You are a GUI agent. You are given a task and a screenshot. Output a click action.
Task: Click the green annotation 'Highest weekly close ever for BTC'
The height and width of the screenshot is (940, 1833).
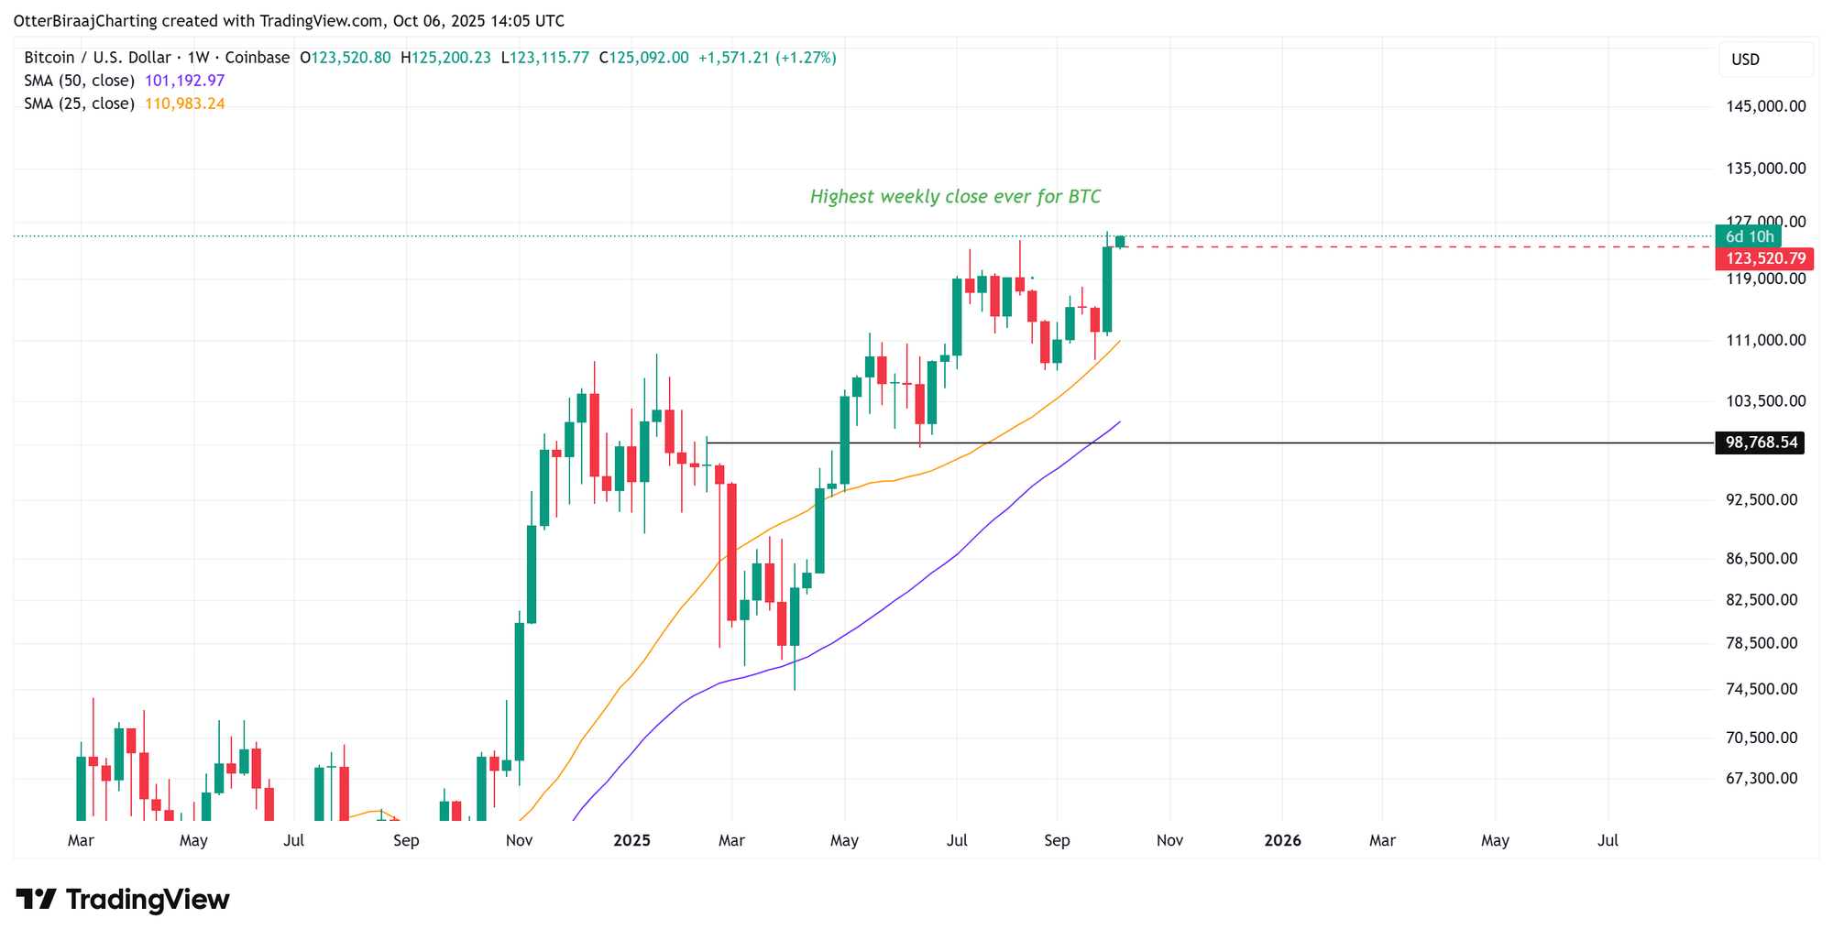coord(955,196)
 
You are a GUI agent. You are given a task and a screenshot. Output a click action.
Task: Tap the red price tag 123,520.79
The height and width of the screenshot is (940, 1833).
coord(1765,258)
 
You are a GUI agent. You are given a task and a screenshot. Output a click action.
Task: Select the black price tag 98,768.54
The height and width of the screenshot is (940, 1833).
coord(1761,443)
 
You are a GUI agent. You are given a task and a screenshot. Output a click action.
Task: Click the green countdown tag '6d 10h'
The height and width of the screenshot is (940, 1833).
coord(1749,236)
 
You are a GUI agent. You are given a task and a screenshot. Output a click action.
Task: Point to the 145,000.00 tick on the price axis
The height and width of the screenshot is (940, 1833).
coord(1765,106)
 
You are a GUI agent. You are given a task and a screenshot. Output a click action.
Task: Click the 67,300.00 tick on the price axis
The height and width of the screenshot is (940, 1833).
coord(1761,778)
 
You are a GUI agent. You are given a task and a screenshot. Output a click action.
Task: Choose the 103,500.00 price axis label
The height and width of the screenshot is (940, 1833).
coord(1765,400)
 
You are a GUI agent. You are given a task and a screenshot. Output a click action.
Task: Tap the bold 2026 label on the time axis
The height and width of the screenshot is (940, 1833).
coord(1282,840)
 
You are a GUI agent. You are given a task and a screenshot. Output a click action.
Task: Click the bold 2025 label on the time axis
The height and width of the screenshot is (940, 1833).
coord(631,840)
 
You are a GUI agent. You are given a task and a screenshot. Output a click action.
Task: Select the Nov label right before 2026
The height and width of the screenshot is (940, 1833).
coord(1169,840)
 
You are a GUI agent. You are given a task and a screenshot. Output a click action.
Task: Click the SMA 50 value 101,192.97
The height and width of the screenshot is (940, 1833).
coord(184,81)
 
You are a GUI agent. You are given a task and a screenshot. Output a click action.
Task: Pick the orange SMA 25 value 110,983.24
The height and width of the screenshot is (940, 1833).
coord(184,104)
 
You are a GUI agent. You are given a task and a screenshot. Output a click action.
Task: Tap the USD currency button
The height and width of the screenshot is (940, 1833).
coord(1745,60)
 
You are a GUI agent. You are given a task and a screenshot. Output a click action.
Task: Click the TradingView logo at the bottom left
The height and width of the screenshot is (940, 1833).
coord(123,900)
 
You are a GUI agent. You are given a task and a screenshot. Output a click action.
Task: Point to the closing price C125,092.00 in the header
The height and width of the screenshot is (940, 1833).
coord(643,58)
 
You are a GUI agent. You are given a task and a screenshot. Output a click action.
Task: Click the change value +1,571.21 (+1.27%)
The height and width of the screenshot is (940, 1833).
coord(767,58)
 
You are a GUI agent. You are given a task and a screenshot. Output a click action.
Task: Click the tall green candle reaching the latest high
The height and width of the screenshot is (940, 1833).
coord(1107,289)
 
